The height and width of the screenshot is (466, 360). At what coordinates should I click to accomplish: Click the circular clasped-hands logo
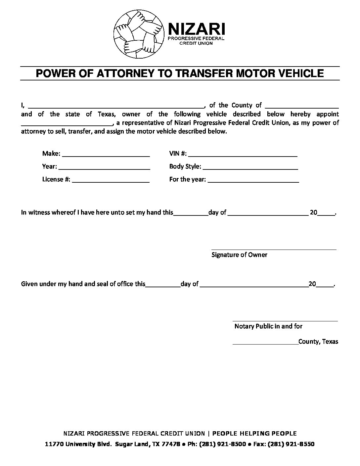click(x=139, y=32)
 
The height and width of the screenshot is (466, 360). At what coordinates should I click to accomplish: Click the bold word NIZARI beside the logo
click(x=197, y=29)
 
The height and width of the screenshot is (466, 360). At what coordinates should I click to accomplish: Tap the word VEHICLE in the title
click(x=300, y=73)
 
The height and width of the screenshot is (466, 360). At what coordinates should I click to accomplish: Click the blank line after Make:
click(x=106, y=156)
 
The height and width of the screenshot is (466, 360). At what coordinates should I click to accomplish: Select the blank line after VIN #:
click(x=243, y=156)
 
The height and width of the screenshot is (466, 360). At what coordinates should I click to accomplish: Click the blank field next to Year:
click(x=104, y=168)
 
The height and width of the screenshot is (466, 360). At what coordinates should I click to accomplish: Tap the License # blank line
click(x=111, y=182)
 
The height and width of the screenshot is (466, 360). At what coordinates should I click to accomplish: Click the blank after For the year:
click(x=253, y=182)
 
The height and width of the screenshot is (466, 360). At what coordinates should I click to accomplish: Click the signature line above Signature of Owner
click(x=274, y=249)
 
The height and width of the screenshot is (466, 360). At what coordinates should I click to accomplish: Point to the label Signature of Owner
click(x=239, y=255)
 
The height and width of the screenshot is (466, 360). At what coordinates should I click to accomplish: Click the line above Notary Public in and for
click(x=285, y=321)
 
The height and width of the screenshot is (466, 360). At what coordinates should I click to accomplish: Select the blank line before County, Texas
click(x=265, y=344)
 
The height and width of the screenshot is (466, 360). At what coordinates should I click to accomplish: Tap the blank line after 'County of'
click(x=302, y=107)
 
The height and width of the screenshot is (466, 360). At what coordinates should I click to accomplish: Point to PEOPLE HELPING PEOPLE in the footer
click(x=254, y=434)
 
